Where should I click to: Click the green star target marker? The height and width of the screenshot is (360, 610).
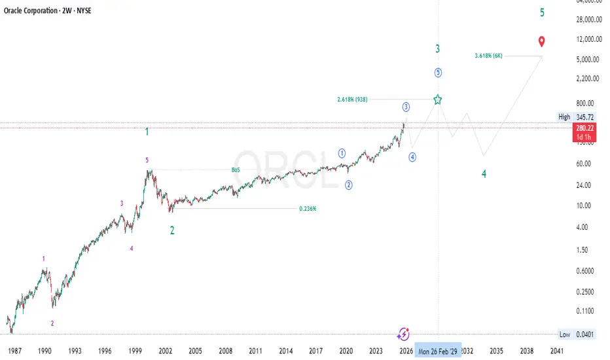click(438, 99)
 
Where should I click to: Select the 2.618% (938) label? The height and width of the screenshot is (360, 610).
click(352, 99)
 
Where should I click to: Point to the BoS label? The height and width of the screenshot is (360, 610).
click(236, 170)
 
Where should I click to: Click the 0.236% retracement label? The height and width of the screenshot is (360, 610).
click(308, 209)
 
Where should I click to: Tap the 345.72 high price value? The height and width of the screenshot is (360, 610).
click(584, 117)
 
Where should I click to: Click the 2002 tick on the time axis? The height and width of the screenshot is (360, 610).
click(166, 351)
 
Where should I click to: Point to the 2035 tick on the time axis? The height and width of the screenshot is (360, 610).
click(496, 351)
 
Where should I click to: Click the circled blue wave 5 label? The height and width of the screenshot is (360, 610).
click(438, 72)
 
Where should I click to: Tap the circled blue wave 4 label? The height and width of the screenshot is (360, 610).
click(412, 156)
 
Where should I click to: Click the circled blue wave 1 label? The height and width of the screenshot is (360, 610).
click(342, 153)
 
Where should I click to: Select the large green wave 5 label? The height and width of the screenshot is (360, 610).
click(542, 12)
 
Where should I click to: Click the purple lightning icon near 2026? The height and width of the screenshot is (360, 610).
click(404, 334)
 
